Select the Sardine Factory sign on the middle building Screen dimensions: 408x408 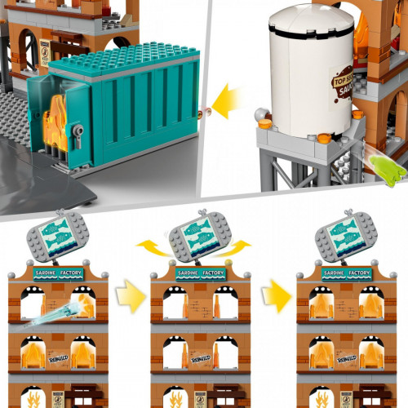(200, 273)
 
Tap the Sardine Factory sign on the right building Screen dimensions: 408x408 (345, 273)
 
